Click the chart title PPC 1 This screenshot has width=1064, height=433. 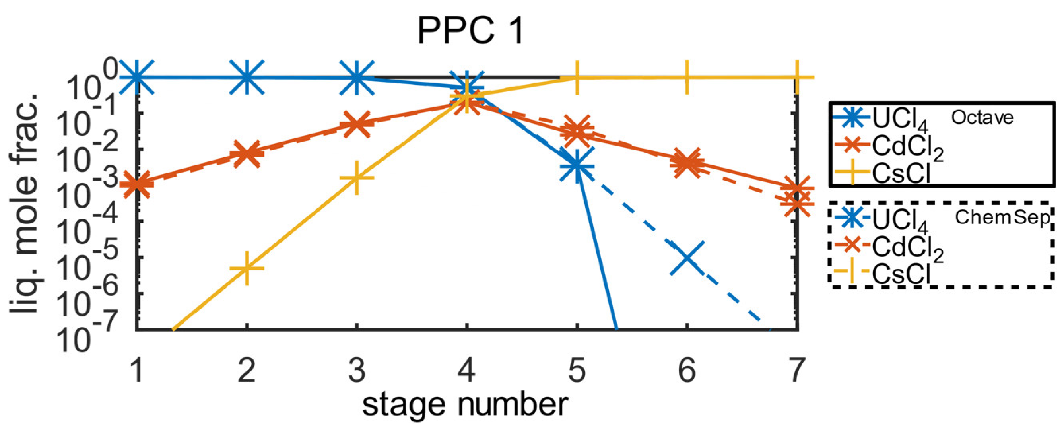[x=470, y=31]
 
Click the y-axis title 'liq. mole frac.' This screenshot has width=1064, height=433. [x=25, y=202]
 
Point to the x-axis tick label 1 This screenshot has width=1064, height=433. [x=137, y=370]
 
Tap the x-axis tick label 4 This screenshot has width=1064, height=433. [x=466, y=370]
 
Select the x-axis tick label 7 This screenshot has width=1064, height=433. [x=796, y=370]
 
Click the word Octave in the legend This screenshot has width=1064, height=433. [x=982, y=118]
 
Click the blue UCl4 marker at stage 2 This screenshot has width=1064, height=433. [x=247, y=77]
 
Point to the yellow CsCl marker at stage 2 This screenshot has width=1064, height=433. [x=246, y=268]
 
